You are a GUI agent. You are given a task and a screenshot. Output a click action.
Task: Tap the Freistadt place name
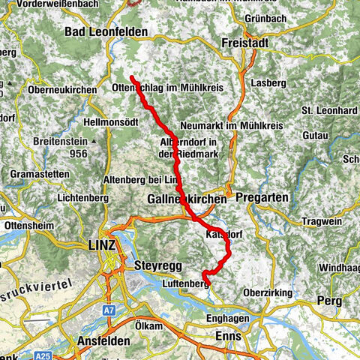click(244, 44)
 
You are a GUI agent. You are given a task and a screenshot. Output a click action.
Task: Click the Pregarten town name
click(258, 197)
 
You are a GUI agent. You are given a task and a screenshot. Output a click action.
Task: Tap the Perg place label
click(329, 300)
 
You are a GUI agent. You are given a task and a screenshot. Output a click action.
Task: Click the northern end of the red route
click(131, 78)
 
